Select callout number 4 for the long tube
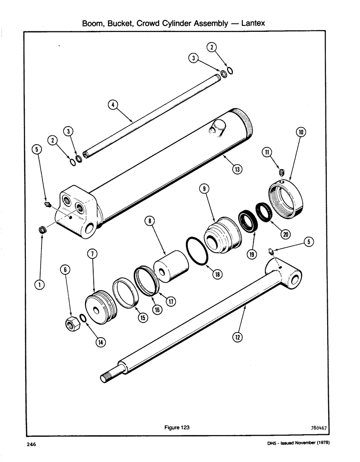click(x=111, y=105)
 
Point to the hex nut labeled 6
click(x=72, y=324)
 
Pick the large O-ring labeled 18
click(x=198, y=251)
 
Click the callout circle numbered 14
click(x=99, y=342)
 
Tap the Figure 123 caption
click(x=177, y=427)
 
